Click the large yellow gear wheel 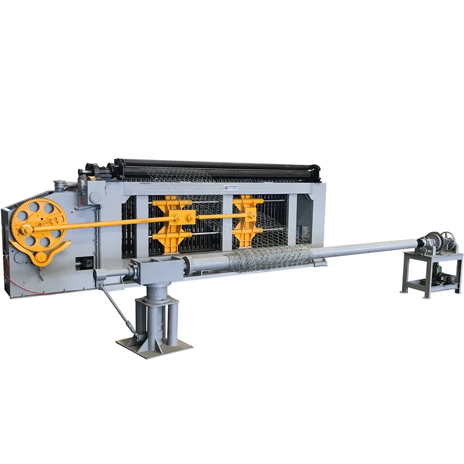tap(37, 223)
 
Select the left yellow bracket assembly tap(171, 223)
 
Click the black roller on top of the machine tap(220, 166)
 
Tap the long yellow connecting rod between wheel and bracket tap(116, 223)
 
